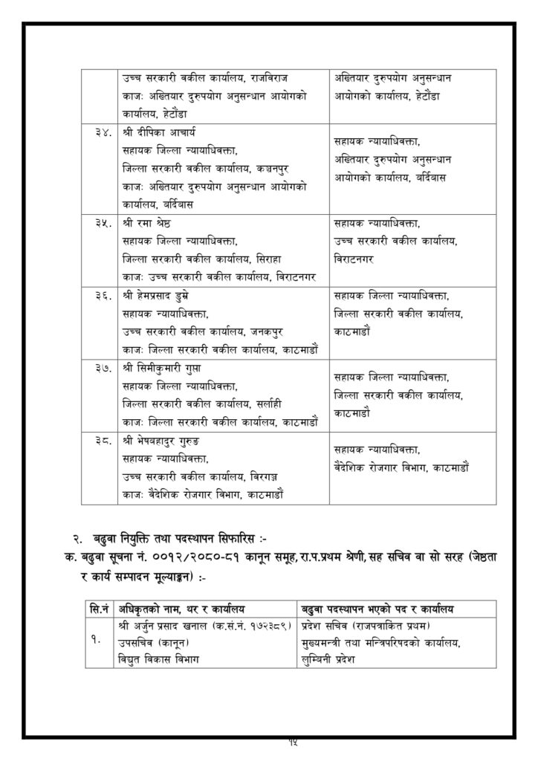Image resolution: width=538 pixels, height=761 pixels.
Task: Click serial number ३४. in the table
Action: pyautogui.click(x=102, y=134)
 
